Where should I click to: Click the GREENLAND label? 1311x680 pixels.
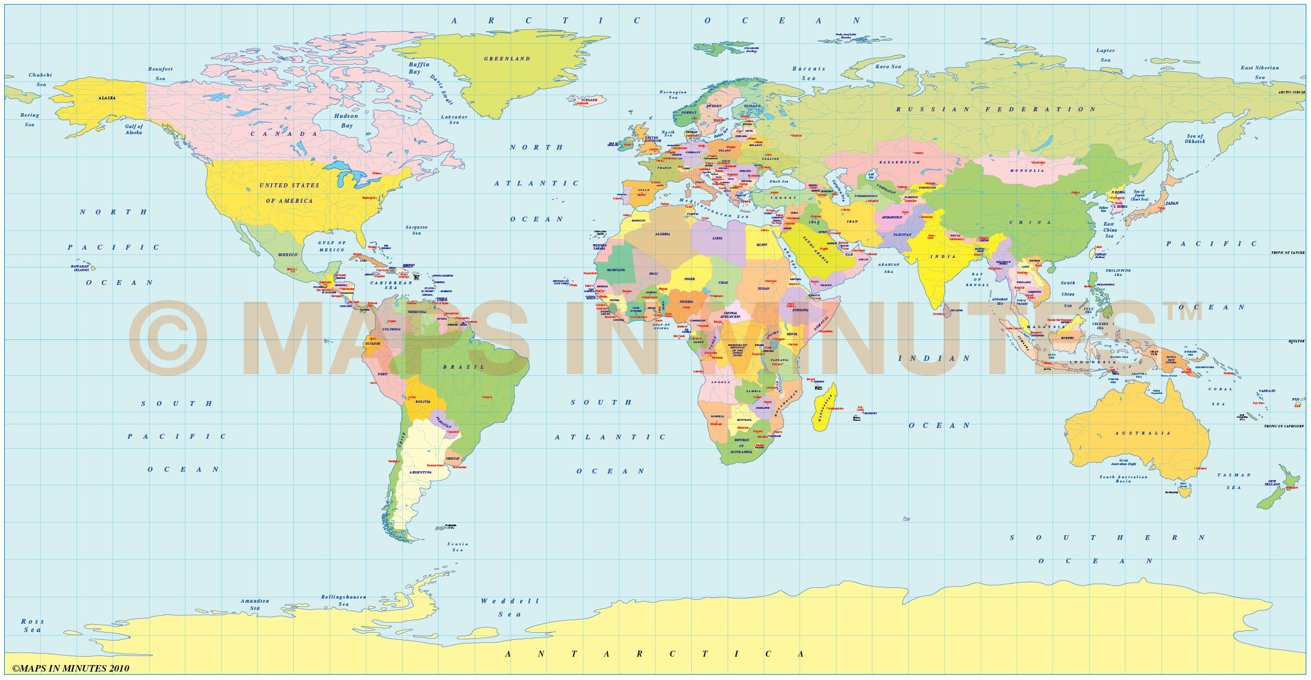(507, 59)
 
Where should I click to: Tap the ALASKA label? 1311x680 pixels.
(107, 98)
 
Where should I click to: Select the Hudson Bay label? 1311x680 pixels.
(346, 120)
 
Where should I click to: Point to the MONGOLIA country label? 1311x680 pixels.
(1027, 171)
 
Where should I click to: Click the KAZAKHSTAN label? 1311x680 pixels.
(899, 162)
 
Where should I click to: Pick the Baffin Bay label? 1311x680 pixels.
(419, 68)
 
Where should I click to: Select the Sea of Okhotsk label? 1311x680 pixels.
(1195, 139)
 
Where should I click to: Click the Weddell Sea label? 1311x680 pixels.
(510, 607)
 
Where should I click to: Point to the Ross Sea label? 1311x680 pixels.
(32, 626)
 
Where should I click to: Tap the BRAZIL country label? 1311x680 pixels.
(464, 367)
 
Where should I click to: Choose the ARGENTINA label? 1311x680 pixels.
(420, 472)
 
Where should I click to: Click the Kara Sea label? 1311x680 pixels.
(888, 66)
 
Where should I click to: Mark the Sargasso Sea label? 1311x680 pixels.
(416, 230)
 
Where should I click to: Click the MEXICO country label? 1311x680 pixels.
(288, 254)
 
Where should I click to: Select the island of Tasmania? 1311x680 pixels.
(1184, 492)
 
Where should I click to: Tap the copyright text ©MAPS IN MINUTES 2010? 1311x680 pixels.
(71, 668)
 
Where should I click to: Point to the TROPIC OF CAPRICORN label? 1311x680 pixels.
(1284, 426)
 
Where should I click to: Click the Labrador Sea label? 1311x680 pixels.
(454, 120)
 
